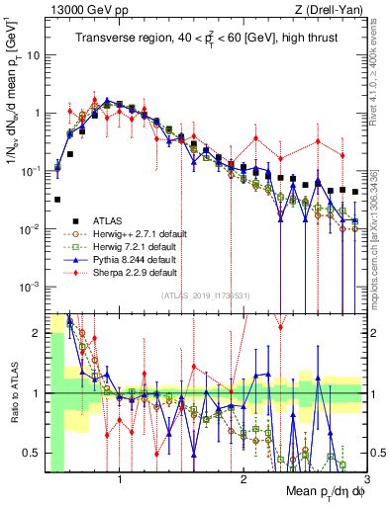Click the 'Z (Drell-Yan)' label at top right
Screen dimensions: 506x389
[330, 9]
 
